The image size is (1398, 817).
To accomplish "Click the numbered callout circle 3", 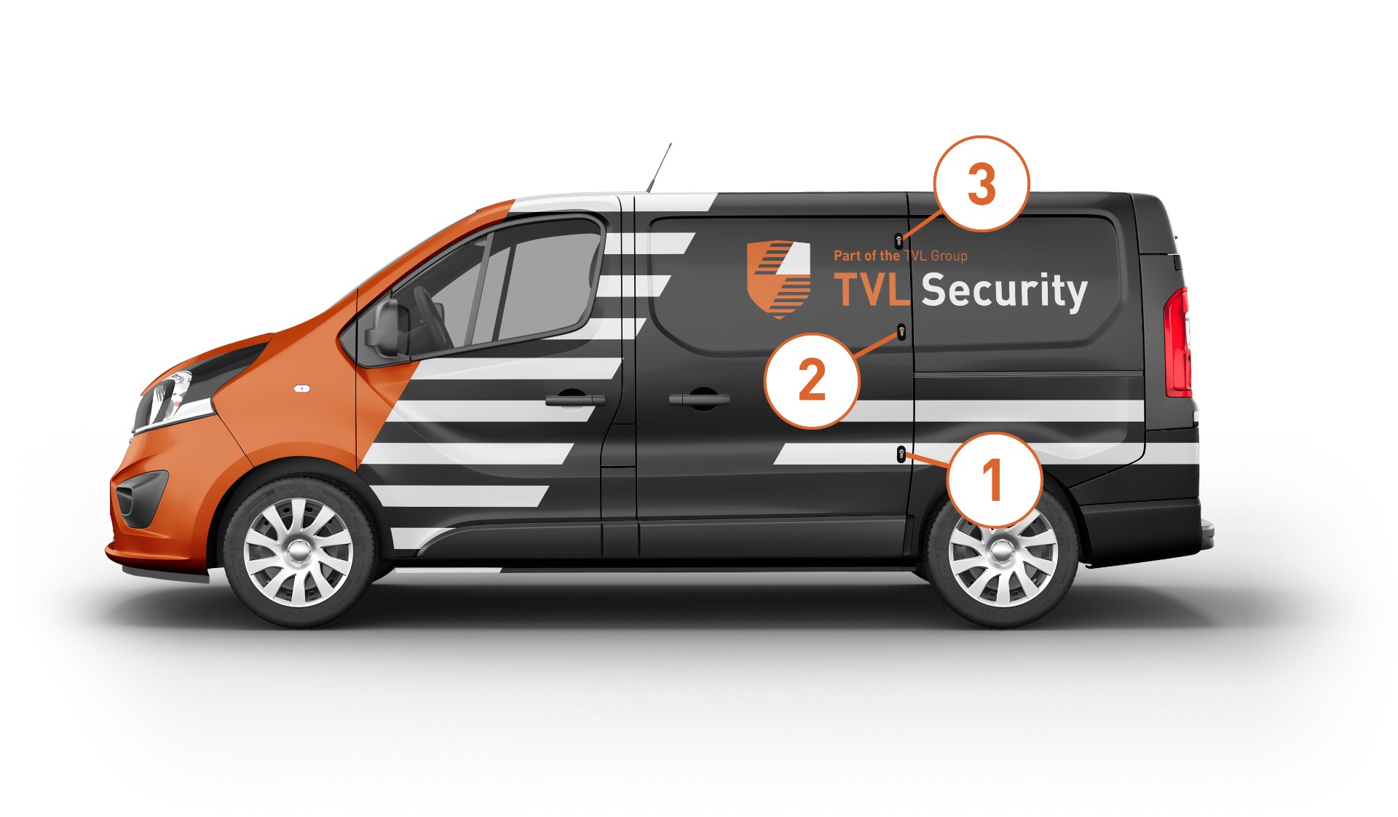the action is click(982, 183).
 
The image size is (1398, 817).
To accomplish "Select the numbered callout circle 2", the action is click(812, 380).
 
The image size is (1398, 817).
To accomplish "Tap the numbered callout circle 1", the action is click(994, 481).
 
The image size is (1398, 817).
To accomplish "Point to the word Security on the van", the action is click(1004, 291).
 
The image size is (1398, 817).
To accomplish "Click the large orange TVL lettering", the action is click(872, 289).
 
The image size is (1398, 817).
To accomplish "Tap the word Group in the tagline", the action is click(949, 256).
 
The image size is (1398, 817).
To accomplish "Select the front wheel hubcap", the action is click(298, 551).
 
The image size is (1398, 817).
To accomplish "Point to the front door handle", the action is click(575, 399).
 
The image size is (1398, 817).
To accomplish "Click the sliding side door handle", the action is click(699, 399).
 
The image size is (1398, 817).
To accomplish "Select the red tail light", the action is click(1177, 342).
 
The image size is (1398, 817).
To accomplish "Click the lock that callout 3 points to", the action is click(899, 241).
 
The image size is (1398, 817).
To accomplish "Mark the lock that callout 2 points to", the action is click(901, 333).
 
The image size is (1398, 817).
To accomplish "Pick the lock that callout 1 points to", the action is click(901, 454).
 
